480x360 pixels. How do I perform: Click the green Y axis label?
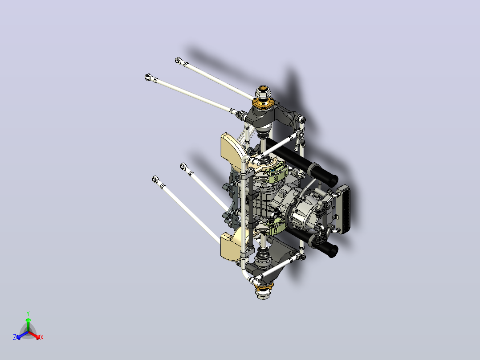pos(28,313)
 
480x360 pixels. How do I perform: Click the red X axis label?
pos(42,337)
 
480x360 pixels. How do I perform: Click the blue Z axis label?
pos(15,337)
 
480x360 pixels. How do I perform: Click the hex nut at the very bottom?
pos(264,295)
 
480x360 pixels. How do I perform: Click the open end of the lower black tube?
pos(333,251)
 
